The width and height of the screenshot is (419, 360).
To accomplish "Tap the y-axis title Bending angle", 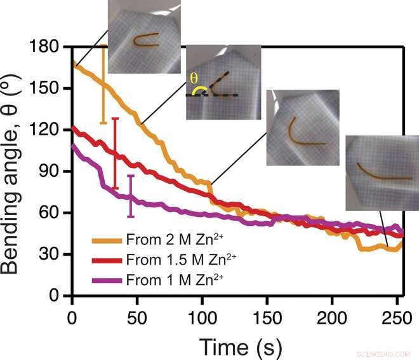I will click(x=14, y=172).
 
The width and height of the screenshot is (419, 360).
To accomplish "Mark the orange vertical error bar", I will click(x=103, y=86).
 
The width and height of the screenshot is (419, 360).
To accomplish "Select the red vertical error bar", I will click(x=115, y=153).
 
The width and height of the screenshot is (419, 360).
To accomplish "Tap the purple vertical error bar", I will click(x=131, y=196).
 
